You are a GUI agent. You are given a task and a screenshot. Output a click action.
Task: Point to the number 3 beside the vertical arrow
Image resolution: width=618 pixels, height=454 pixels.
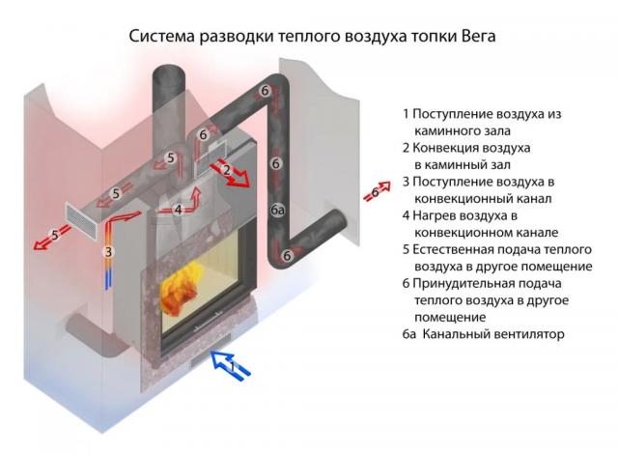pyautogui.click(x=109, y=251)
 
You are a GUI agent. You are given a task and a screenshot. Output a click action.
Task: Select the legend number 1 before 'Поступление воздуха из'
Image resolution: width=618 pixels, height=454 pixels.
pyautogui.click(x=407, y=114)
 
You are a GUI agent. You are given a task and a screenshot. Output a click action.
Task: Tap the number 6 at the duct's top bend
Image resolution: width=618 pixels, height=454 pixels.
pyautogui.click(x=266, y=91)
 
